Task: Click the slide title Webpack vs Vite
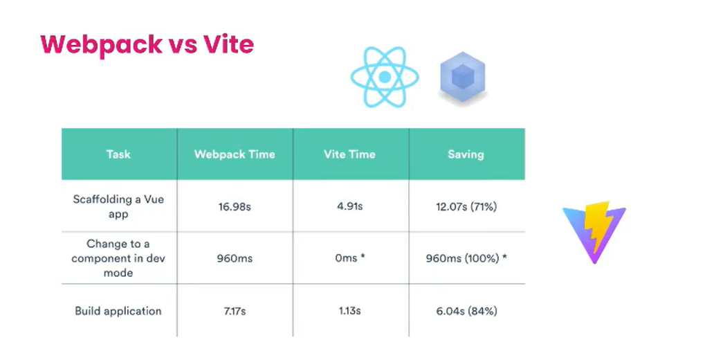pyautogui.click(x=147, y=45)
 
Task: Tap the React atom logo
pyautogui.click(x=385, y=77)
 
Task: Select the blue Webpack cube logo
pyautogui.click(x=463, y=77)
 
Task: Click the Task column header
pyautogui.click(x=118, y=154)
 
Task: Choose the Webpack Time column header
pyautogui.click(x=235, y=154)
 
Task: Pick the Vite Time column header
pyautogui.click(x=349, y=154)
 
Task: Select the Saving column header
pyautogui.click(x=466, y=154)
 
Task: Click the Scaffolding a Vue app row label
pyautogui.click(x=118, y=206)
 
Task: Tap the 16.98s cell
pyautogui.click(x=235, y=206)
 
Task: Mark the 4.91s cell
pyautogui.click(x=349, y=206)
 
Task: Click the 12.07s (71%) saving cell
pyautogui.click(x=466, y=206)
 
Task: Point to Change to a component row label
pyautogui.click(x=118, y=258)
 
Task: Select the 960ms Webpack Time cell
pyautogui.click(x=235, y=258)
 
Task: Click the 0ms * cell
pyautogui.click(x=350, y=258)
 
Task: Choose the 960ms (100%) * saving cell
pyautogui.click(x=466, y=258)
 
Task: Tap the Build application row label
pyautogui.click(x=118, y=312)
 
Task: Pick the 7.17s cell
pyautogui.click(x=235, y=311)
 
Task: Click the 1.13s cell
pyautogui.click(x=349, y=311)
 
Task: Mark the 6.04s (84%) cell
pyautogui.click(x=466, y=311)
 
